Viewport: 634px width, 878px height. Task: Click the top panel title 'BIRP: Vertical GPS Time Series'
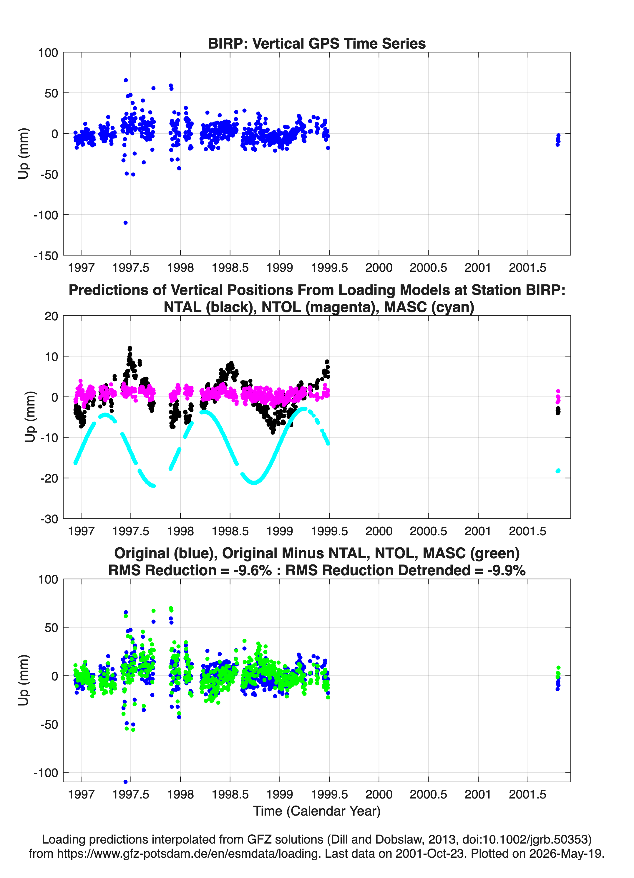(317, 43)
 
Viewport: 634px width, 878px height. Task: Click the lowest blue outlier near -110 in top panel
(125, 223)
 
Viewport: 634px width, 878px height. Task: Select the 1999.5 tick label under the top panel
(329, 268)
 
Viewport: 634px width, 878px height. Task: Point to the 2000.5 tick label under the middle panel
(429, 531)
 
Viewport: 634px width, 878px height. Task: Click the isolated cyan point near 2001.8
(558, 471)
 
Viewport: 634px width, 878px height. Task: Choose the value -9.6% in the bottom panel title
(252, 570)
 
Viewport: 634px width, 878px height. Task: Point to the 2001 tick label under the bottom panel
(478, 794)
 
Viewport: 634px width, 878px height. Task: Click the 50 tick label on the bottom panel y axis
(52, 627)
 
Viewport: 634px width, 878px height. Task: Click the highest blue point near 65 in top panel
(126, 80)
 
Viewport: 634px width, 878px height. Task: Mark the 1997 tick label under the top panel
(81, 268)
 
